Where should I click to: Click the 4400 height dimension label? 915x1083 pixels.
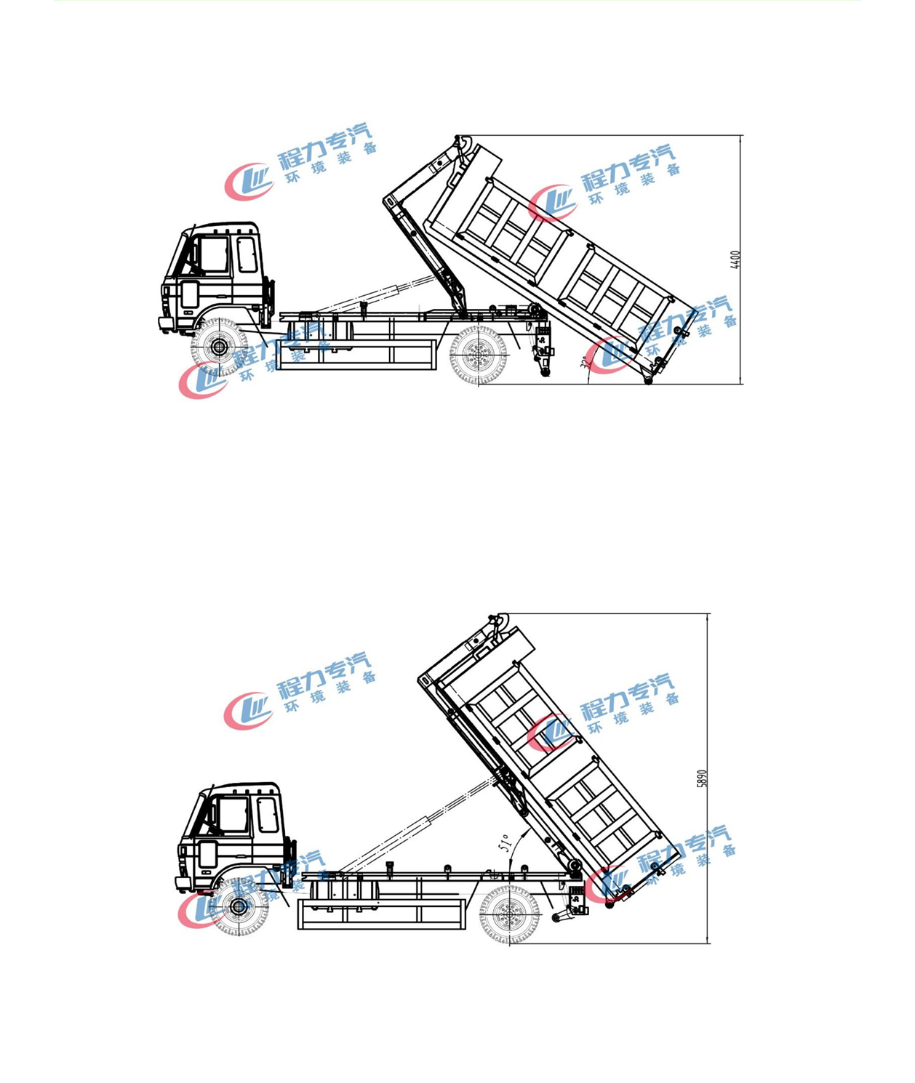coord(735,259)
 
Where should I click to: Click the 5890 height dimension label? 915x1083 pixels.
coord(702,778)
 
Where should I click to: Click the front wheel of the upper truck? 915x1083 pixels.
coord(219,347)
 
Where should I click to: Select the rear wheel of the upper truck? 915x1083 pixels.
coord(478,355)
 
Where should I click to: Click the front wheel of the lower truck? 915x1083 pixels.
coord(239,906)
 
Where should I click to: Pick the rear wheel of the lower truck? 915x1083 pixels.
coord(510,914)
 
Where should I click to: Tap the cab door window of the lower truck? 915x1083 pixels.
coord(234,814)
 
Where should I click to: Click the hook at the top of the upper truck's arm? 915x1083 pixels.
coord(459,143)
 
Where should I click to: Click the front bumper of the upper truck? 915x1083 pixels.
coord(167,324)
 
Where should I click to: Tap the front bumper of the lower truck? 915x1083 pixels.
coord(184,884)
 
